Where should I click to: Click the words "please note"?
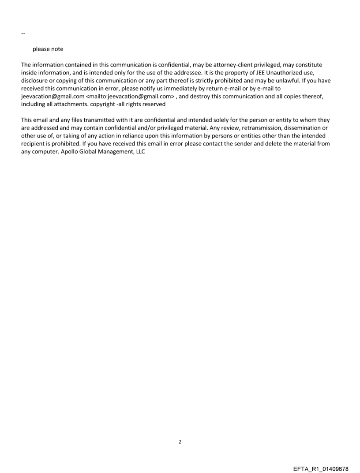click(x=48, y=49)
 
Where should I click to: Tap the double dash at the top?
click(x=23, y=34)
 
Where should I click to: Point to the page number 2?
click(x=180, y=442)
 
